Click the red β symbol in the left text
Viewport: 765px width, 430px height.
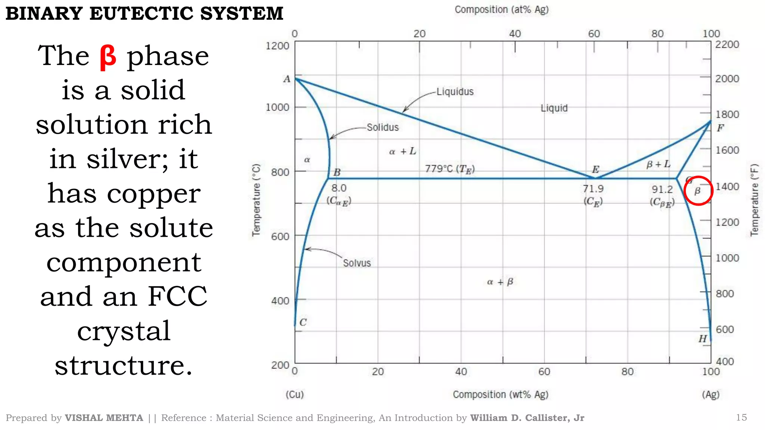point(108,57)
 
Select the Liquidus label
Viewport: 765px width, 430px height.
point(455,92)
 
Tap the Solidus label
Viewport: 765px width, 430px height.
point(382,128)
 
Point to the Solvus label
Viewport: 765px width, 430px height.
point(357,263)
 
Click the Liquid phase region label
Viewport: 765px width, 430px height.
point(554,108)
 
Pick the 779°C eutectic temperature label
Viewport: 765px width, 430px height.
point(450,169)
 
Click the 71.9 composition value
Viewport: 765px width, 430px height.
point(593,189)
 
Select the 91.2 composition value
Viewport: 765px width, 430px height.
point(662,190)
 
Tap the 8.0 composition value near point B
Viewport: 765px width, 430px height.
point(339,188)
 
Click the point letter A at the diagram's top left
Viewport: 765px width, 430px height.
point(287,79)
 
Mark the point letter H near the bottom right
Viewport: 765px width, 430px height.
point(703,339)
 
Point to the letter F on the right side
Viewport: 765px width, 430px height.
point(720,128)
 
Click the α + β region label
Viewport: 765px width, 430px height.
point(500,282)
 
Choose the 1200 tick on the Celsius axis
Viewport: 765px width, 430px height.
point(277,46)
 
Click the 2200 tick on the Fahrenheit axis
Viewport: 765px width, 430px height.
point(727,45)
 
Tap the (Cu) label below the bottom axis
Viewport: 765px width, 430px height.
point(295,395)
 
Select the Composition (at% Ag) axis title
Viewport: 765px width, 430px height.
point(501,10)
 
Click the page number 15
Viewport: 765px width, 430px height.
point(741,417)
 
